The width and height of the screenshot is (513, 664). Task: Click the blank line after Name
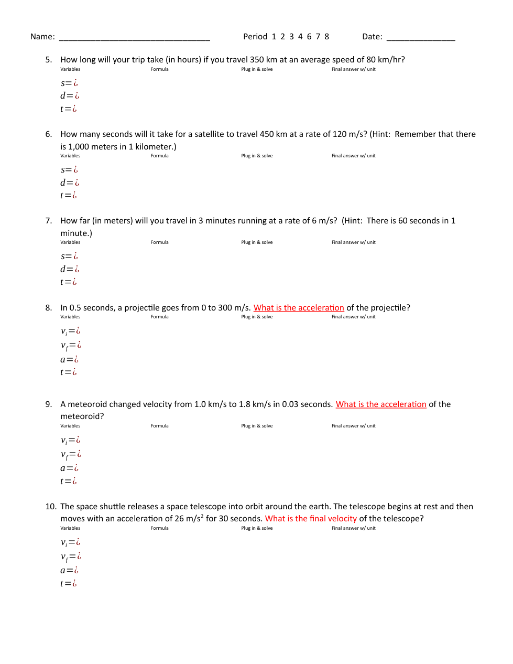click(x=135, y=38)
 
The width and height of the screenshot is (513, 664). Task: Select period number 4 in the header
click(x=300, y=37)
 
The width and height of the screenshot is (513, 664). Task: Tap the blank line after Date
click(x=421, y=38)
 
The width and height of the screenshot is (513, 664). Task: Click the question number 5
click(x=48, y=60)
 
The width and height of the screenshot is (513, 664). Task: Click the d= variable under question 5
click(x=69, y=96)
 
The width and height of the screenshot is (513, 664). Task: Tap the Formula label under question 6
click(x=160, y=156)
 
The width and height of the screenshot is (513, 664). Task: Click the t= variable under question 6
click(x=68, y=196)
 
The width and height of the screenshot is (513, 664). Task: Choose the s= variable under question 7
click(x=69, y=256)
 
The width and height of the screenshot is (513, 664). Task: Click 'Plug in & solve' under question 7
click(x=257, y=242)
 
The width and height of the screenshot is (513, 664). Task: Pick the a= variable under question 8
click(x=69, y=360)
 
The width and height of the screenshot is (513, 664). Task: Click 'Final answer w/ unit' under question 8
click(x=354, y=317)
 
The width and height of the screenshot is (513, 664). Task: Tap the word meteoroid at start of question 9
click(x=87, y=404)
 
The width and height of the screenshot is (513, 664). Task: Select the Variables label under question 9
click(x=70, y=426)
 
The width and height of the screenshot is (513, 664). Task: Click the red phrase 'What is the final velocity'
click(x=311, y=519)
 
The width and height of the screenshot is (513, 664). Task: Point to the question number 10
click(x=50, y=507)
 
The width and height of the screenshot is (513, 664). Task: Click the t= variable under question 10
click(x=68, y=584)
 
